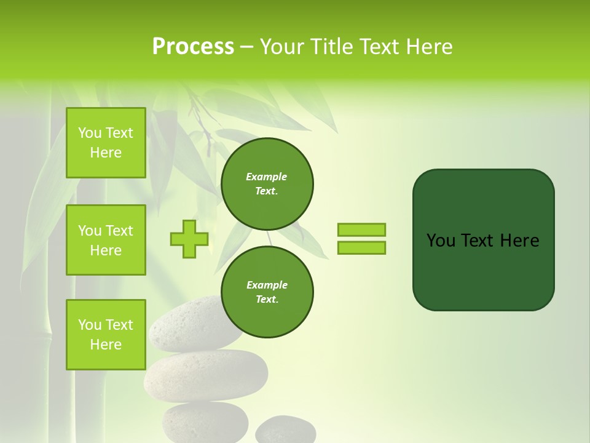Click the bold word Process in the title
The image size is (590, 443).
(x=193, y=47)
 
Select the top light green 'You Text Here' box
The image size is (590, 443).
(x=106, y=143)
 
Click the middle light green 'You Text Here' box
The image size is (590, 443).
(x=106, y=240)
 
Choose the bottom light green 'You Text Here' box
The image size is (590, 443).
(x=106, y=334)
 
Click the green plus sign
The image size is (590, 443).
(x=189, y=239)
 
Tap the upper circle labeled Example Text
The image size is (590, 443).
(x=267, y=184)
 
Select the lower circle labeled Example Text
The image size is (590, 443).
(x=267, y=292)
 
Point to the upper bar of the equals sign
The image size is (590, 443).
(x=361, y=229)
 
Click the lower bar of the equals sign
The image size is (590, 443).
(x=361, y=248)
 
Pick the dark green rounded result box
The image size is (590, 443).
(x=483, y=271)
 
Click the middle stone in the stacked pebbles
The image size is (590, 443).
(x=206, y=375)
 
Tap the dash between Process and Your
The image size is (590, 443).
(x=246, y=47)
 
